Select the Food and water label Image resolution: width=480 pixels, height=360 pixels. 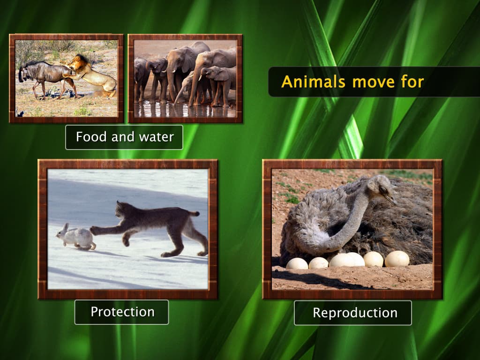tap(124, 137)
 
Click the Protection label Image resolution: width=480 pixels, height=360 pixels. tap(122, 312)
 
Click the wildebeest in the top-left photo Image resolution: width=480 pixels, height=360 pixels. tap(45, 75)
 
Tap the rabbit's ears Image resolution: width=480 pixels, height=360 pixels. tap(65, 227)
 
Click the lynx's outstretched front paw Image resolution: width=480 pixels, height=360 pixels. tap(94, 230)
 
